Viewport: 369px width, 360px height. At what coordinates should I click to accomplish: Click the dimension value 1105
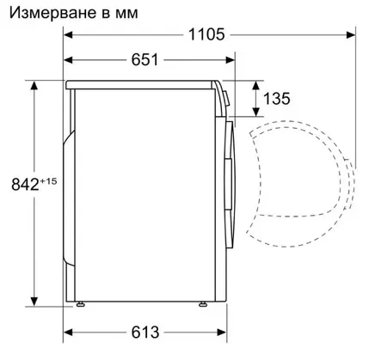[206, 35]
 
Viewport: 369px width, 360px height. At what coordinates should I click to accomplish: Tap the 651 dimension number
[145, 60]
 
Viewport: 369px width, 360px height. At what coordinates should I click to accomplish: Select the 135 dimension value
[276, 99]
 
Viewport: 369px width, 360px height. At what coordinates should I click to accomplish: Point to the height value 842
[25, 184]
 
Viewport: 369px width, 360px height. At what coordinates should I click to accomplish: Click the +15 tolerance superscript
[48, 181]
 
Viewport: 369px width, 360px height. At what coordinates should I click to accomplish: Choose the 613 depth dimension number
[145, 333]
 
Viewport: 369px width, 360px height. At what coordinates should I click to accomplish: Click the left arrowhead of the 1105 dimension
[68, 35]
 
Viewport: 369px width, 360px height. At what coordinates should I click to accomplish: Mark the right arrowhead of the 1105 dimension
[351, 35]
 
